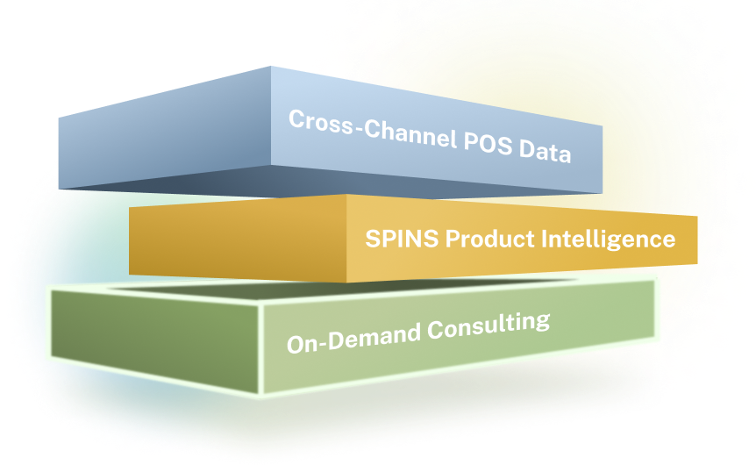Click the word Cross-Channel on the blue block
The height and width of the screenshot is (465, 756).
click(x=373, y=128)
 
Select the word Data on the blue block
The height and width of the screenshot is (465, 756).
click(x=546, y=151)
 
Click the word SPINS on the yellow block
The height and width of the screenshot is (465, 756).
click(x=402, y=239)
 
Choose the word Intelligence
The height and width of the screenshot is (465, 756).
click(x=609, y=240)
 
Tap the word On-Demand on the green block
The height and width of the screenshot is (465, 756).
click(x=354, y=338)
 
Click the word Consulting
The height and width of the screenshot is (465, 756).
click(x=489, y=325)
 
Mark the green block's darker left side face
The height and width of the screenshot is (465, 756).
click(x=154, y=340)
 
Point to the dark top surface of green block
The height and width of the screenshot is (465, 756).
click(x=338, y=290)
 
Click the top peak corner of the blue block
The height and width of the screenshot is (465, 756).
click(x=271, y=67)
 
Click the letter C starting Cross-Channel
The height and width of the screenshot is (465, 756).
click(x=297, y=118)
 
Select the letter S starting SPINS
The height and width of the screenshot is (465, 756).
click(x=373, y=239)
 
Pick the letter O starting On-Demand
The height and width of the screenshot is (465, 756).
click(x=296, y=345)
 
